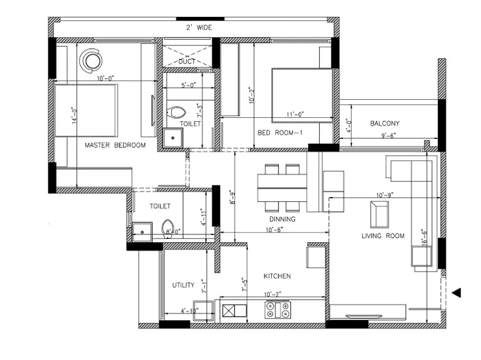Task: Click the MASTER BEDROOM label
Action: [115, 145]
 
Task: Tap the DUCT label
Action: [187, 61]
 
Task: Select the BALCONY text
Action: [385, 123]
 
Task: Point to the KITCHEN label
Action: [277, 276]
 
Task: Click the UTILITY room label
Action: [183, 285]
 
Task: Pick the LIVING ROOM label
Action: [383, 236]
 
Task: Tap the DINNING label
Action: [282, 219]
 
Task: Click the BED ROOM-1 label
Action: [280, 133]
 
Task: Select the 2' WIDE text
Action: [199, 28]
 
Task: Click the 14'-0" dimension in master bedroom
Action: [74, 115]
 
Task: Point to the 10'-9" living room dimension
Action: [385, 195]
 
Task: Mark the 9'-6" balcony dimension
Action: [388, 135]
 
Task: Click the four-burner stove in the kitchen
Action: [278, 310]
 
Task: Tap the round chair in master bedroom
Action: [91, 61]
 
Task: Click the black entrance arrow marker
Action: [456, 293]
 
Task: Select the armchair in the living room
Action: [379, 215]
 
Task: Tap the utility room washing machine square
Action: [203, 311]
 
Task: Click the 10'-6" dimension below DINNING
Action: [274, 230]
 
